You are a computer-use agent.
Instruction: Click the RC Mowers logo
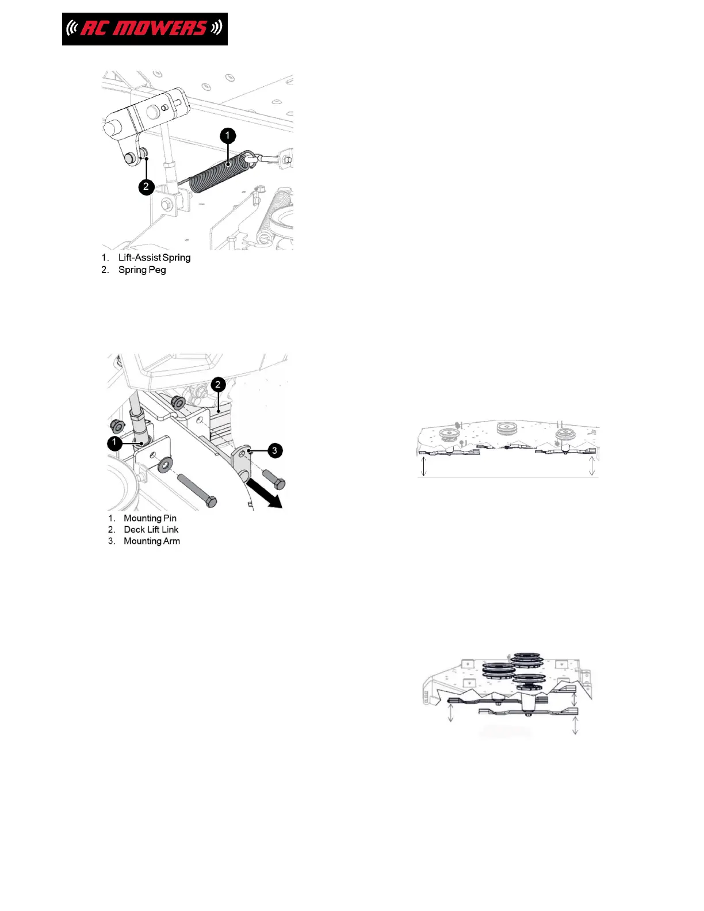tap(144, 29)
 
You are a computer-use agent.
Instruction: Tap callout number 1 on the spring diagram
tap(228, 136)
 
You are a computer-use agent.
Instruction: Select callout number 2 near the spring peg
tap(146, 186)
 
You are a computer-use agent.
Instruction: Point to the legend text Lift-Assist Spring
tap(154, 258)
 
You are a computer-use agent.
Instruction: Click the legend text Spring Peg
tap(142, 270)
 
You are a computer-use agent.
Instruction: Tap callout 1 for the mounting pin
tap(115, 442)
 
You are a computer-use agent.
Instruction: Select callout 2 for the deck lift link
tap(218, 385)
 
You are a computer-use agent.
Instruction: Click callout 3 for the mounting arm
tap(274, 450)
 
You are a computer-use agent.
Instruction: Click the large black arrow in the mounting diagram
tap(265, 495)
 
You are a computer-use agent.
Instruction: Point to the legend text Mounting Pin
tap(150, 518)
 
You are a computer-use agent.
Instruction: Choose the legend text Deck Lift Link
tap(151, 530)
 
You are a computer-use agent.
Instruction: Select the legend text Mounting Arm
tap(151, 541)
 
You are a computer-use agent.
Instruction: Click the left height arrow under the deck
tap(424, 465)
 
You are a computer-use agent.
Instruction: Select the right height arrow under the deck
tap(592, 465)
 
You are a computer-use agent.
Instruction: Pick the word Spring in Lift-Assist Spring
tap(177, 258)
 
